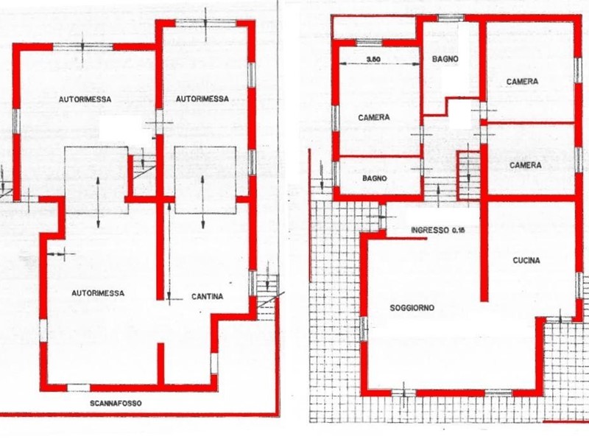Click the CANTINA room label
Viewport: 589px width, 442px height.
(x=207, y=297)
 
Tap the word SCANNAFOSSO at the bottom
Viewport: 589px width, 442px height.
(x=116, y=403)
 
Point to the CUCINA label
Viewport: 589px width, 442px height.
(x=526, y=260)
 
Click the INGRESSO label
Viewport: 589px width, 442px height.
(x=430, y=230)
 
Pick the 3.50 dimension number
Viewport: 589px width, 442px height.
(x=373, y=59)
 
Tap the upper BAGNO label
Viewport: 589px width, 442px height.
(x=445, y=59)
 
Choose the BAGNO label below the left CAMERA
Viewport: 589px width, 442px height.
(x=374, y=178)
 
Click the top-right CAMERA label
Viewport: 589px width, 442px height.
(x=522, y=82)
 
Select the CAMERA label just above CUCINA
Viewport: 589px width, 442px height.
(x=526, y=165)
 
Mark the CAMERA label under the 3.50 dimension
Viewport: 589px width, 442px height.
(x=374, y=118)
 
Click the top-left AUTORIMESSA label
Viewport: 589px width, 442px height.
(x=85, y=99)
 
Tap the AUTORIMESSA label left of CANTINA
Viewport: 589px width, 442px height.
(x=98, y=293)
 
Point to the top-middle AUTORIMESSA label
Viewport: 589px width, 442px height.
(x=202, y=99)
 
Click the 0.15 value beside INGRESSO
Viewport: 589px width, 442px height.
(x=458, y=230)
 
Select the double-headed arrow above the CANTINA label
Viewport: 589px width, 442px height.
(x=203, y=202)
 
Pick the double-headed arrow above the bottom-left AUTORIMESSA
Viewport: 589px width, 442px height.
(x=98, y=202)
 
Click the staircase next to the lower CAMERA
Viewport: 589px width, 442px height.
(x=468, y=175)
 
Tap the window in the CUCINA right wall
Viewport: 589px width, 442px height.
(x=580, y=284)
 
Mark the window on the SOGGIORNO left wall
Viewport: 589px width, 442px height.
(x=363, y=328)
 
